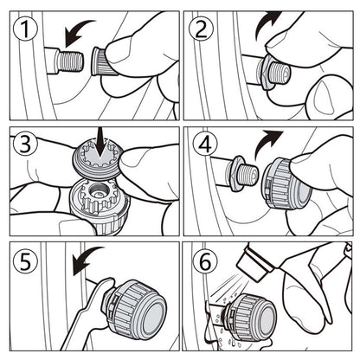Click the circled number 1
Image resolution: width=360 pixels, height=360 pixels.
tap(25, 29)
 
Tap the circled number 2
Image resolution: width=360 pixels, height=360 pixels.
tap(201, 29)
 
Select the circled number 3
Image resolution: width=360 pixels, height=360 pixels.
tap(25, 144)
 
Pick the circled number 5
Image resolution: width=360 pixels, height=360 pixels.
tap(25, 261)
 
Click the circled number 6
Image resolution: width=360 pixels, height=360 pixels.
tap(205, 262)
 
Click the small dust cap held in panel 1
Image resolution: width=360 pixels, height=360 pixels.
tap(101, 61)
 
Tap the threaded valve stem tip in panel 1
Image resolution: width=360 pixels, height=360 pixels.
tap(70, 61)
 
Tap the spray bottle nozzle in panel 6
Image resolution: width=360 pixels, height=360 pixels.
tap(254, 264)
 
